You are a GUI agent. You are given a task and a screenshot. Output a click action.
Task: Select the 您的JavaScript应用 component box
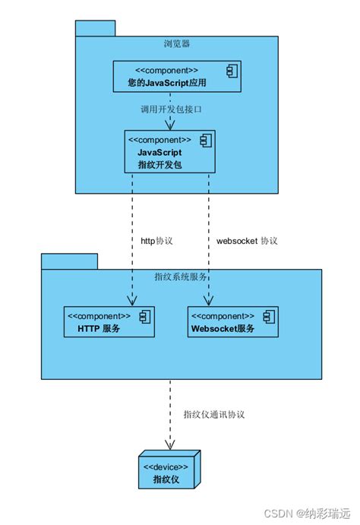pyautogui.click(x=178, y=76)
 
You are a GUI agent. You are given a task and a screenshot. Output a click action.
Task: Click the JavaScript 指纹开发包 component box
pyautogui.click(x=170, y=151)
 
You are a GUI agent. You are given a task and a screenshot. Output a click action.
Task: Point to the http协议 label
pyautogui.click(x=157, y=241)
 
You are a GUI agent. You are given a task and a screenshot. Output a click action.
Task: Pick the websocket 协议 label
pyautogui.click(x=247, y=241)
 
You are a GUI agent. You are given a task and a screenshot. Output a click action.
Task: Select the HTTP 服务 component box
pyautogui.click(x=109, y=322)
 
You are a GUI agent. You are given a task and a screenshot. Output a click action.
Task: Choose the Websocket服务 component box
pyautogui.click(x=232, y=322)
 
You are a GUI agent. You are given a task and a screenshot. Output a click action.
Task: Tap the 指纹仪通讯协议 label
pyautogui.click(x=214, y=415)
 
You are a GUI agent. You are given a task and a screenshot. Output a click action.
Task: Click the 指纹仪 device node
pyautogui.click(x=169, y=472)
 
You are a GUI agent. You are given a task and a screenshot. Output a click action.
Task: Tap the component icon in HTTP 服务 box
pyautogui.click(x=145, y=316)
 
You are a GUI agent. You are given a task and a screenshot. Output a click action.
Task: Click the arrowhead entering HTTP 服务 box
pyautogui.click(x=133, y=302)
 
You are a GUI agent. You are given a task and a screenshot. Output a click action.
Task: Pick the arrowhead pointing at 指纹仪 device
pyautogui.click(x=169, y=446)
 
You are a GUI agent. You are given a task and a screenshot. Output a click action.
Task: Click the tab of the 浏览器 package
pyautogui.click(x=95, y=28)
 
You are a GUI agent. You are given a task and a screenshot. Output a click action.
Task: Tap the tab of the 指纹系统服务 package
pyautogui.click(x=69, y=261)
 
